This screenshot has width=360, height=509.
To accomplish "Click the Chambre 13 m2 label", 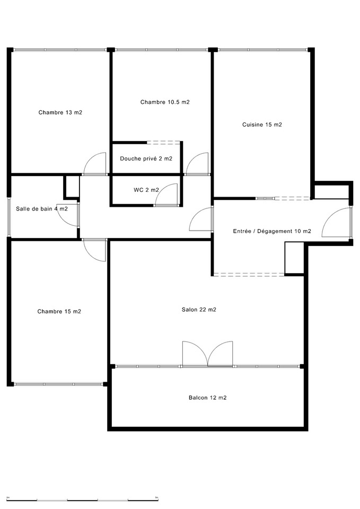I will click(60, 112).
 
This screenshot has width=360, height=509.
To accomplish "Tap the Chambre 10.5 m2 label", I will click(165, 102).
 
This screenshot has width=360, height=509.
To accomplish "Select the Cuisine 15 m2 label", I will click(262, 125).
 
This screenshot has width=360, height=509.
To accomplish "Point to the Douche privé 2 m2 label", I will click(146, 159).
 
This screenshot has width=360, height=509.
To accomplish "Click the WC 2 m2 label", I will click(143, 190).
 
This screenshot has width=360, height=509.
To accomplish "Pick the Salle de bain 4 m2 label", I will click(41, 209).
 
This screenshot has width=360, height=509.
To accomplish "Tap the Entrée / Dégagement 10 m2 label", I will click(272, 231).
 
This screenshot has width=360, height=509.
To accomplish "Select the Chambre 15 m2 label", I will click(59, 311).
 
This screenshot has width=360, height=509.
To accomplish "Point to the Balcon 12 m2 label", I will click(207, 397).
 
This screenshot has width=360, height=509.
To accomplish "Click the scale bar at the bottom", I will click(82, 499).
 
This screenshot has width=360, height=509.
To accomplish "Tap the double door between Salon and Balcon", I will click(207, 354).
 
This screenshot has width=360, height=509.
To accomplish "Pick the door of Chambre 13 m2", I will click(95, 164).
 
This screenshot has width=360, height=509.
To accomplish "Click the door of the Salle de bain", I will click(73, 215).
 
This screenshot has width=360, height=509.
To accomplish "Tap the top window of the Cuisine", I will click(262, 50).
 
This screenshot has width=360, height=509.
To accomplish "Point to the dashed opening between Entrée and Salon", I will click(248, 274).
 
